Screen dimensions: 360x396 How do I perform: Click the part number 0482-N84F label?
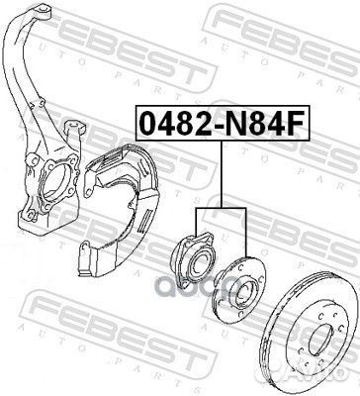pyautogui.click(x=223, y=124)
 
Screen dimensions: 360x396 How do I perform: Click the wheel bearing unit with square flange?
pyautogui.click(x=194, y=260)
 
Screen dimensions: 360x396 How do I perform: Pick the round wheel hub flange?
pyautogui.click(x=240, y=286)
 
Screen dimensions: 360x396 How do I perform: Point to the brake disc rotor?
pyautogui.click(x=313, y=334)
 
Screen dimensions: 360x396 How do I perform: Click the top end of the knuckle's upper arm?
pyautogui.click(x=43, y=10)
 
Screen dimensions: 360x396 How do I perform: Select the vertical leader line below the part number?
pyautogui.click(x=222, y=174)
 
